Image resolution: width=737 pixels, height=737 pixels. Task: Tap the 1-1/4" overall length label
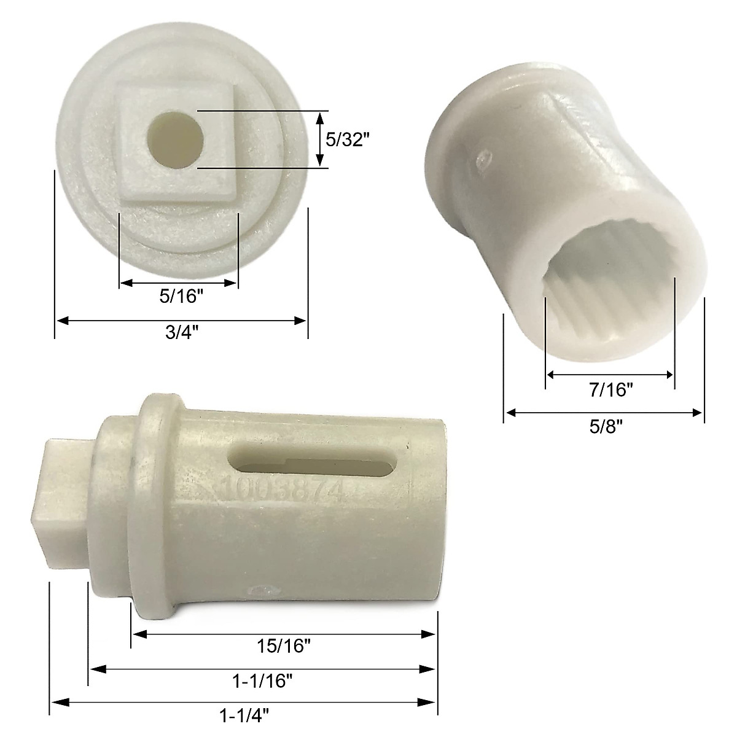pos(244,715)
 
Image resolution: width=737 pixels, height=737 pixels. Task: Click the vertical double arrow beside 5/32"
pos(319,139)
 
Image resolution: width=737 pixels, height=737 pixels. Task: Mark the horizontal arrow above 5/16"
pos(178,283)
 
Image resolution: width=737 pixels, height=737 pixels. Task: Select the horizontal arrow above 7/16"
pos(610,375)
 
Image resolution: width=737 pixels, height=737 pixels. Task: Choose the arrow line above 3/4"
pos(181,320)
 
